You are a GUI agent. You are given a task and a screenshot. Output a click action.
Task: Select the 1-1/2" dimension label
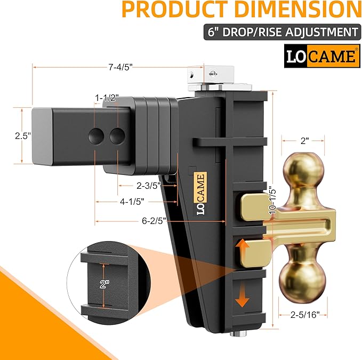pos(107,98)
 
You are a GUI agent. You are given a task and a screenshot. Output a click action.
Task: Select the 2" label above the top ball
pos(303,141)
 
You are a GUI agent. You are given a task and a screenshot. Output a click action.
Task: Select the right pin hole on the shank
pos(117,136)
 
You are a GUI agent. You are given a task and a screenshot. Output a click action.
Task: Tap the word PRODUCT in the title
pos(163,10)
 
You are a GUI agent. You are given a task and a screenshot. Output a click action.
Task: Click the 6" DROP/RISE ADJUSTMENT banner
pos(280,32)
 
